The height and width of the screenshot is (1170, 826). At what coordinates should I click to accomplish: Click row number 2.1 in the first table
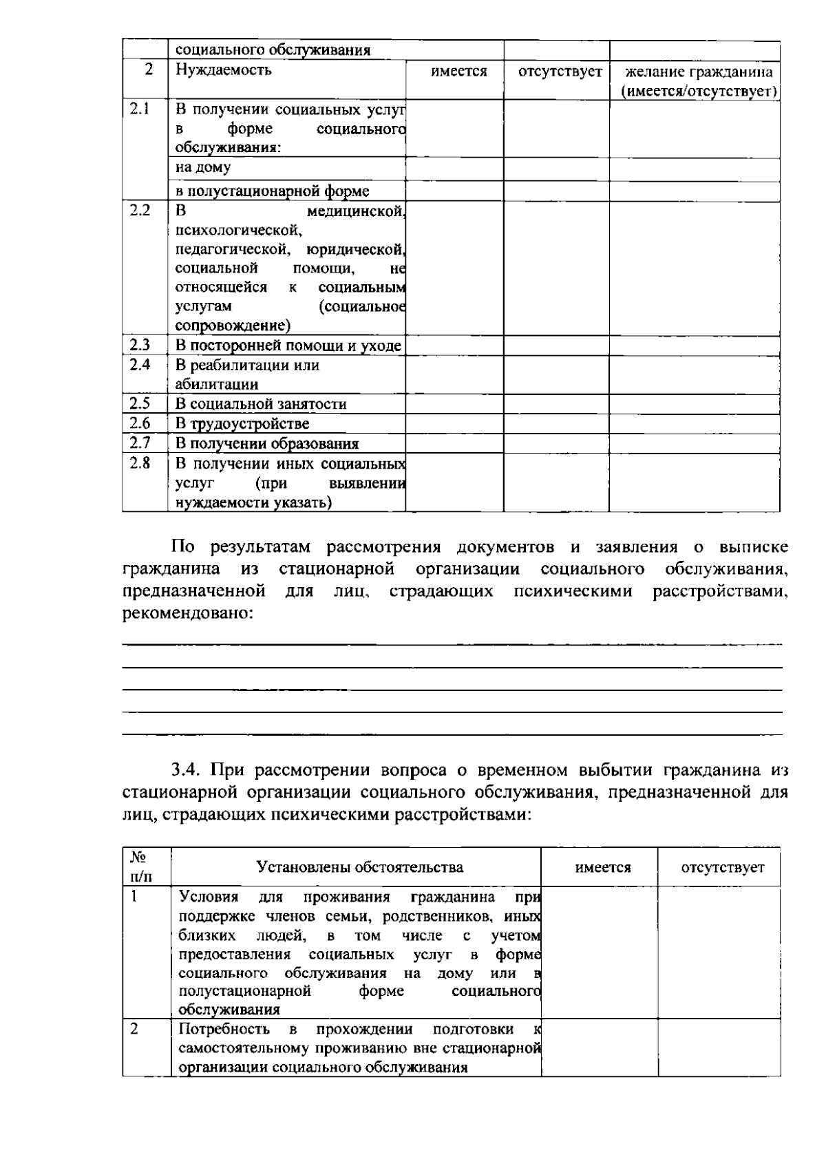click(140, 109)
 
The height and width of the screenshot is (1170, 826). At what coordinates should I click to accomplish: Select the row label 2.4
click(140, 365)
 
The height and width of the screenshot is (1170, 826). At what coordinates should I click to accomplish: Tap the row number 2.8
click(140, 463)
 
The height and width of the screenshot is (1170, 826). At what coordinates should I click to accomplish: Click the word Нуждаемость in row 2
click(224, 70)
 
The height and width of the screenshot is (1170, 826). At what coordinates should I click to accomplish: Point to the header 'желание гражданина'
click(699, 72)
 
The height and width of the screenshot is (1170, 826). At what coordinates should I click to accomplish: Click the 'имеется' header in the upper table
click(459, 72)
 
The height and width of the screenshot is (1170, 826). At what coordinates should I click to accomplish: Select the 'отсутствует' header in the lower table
click(723, 868)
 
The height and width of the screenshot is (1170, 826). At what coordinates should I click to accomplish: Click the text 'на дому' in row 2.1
click(203, 167)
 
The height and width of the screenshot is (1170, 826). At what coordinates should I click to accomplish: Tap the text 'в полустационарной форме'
click(272, 191)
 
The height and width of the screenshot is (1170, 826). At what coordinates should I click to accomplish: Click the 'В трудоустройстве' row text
click(242, 424)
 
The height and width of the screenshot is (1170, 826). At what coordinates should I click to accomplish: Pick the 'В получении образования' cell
click(267, 444)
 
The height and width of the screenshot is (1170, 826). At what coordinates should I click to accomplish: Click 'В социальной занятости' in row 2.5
click(261, 404)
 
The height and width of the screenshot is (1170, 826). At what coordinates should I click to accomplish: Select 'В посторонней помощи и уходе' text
click(288, 345)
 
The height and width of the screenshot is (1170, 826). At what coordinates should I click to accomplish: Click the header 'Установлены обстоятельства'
click(359, 867)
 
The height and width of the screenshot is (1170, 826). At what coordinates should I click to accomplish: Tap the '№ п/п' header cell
click(138, 867)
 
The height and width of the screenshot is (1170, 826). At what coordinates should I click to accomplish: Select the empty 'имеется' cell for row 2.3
click(454, 345)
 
